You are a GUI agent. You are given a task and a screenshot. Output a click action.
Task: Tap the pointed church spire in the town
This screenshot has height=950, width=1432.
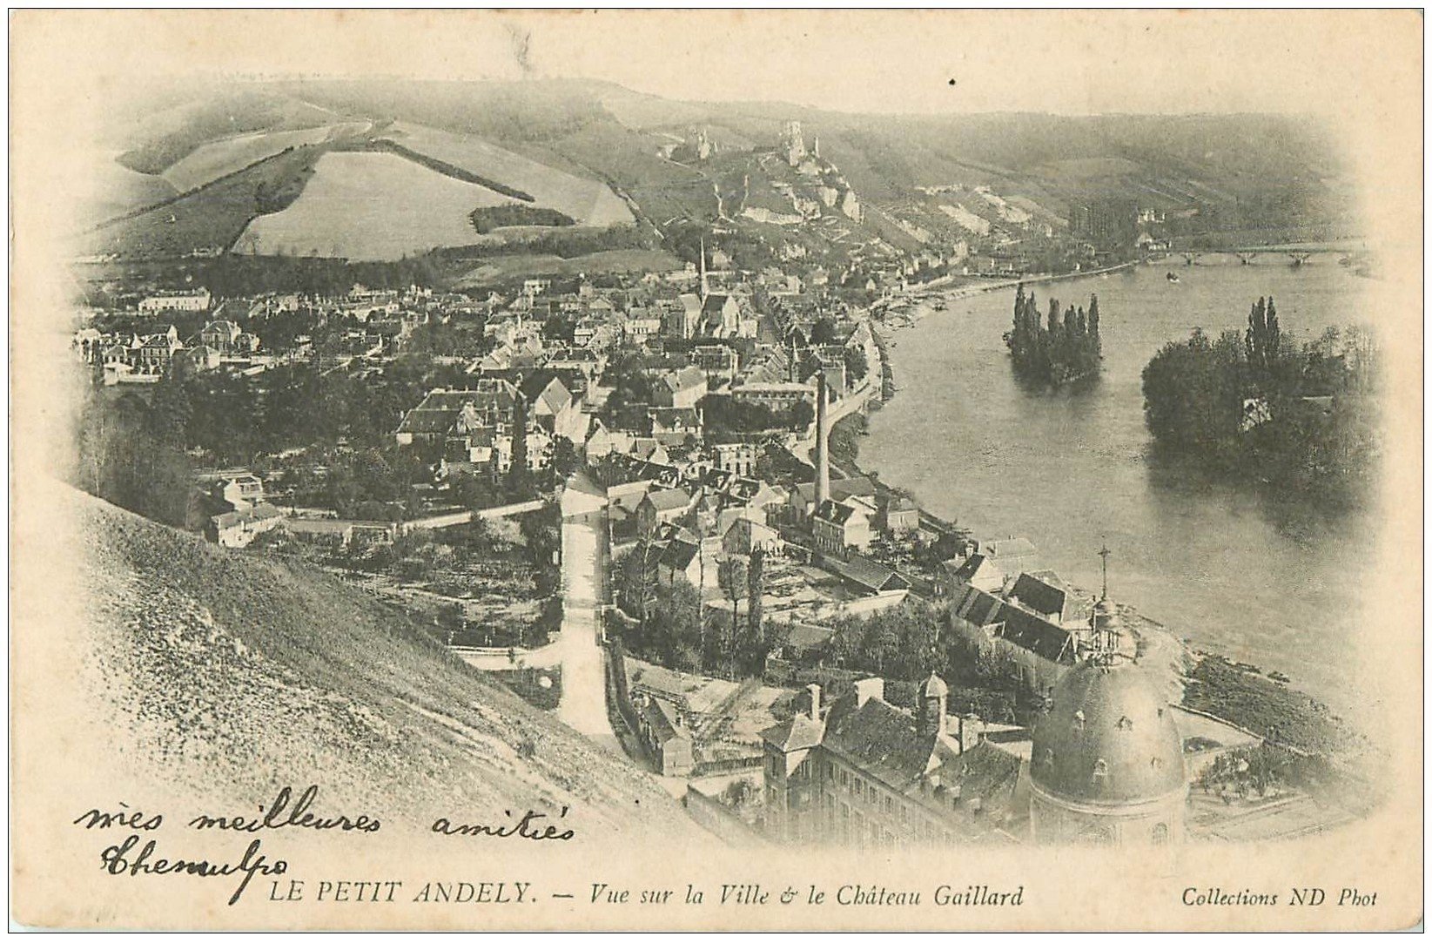coord(702,266)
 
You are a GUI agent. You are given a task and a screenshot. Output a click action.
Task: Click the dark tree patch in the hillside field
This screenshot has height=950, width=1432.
coord(521,216)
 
